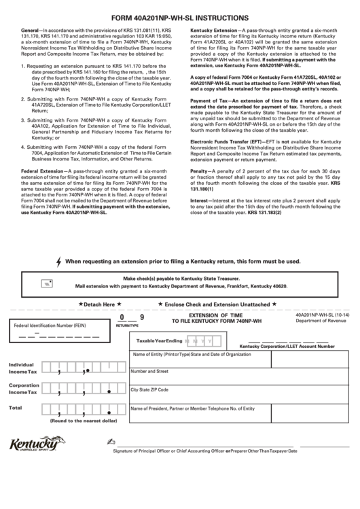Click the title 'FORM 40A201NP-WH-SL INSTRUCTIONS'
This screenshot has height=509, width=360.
tap(180, 18)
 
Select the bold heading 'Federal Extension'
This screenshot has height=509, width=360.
tap(43, 171)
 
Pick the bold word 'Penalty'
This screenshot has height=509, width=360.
tap(199, 171)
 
